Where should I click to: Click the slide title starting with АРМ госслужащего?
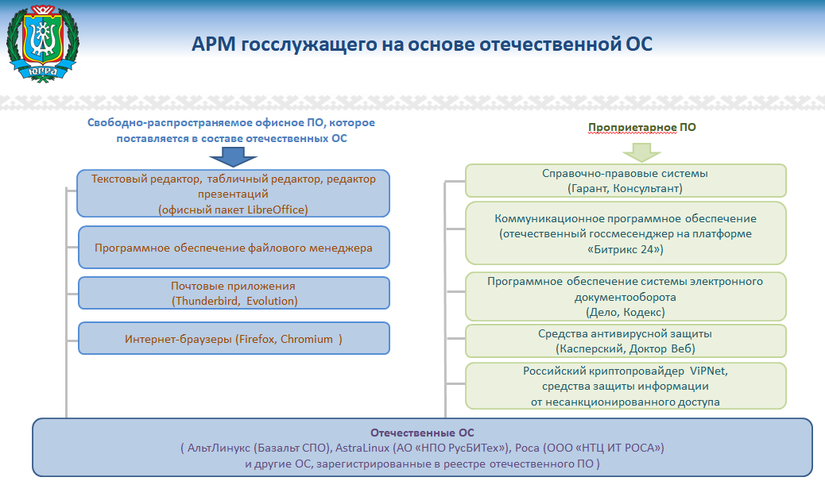(x=422, y=44)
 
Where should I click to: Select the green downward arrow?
(x=641, y=150)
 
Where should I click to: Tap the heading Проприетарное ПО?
(x=641, y=127)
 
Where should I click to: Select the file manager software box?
(x=234, y=248)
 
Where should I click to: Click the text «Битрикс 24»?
(x=625, y=249)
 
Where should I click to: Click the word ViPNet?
(x=706, y=371)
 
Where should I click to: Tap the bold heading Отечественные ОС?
(x=422, y=433)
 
